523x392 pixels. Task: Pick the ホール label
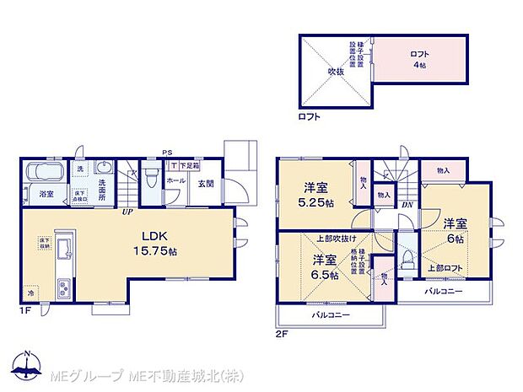pos(175,180)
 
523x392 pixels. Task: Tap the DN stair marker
pos(407,204)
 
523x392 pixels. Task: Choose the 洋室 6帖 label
pos(456,231)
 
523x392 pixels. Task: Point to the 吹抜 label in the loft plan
pos(337,72)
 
